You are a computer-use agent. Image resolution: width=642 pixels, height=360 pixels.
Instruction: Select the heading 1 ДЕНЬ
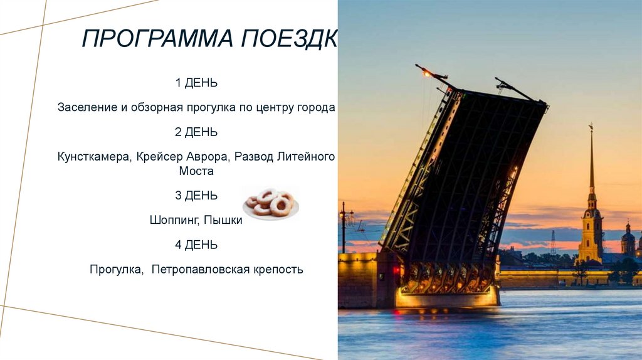pos(196,83)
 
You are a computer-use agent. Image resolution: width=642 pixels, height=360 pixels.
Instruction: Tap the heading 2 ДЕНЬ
pos(196,132)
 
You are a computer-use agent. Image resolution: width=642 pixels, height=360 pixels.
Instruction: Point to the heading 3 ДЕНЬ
pos(196,196)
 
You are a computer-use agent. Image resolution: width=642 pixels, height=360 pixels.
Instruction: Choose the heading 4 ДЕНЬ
pos(196,245)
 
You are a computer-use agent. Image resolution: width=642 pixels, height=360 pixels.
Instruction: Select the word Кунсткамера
pos(93,157)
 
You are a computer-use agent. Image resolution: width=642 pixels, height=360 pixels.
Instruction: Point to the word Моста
pos(196,171)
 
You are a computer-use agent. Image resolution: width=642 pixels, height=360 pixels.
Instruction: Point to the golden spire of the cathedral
pos(591,163)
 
